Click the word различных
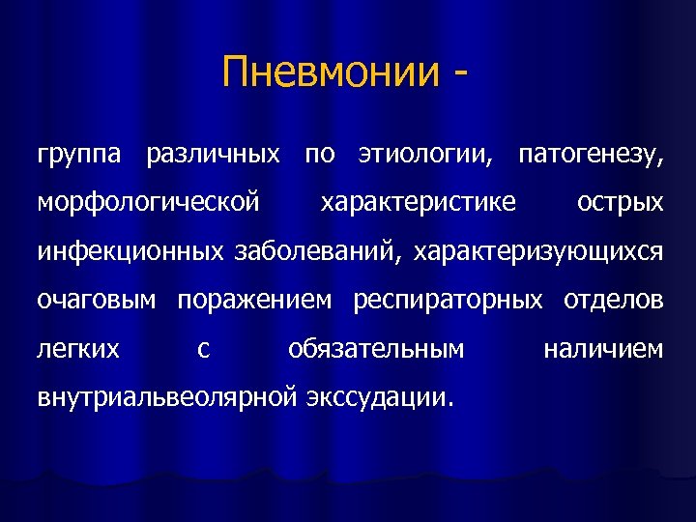point(213,155)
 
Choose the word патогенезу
point(591,155)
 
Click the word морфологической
point(148,204)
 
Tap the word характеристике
point(418,203)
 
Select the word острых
point(620,204)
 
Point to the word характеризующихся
point(538,252)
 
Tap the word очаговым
point(96,301)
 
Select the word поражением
point(254,301)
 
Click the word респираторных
point(448,301)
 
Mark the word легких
point(78,348)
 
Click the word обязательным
point(376,348)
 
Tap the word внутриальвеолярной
point(165,396)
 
